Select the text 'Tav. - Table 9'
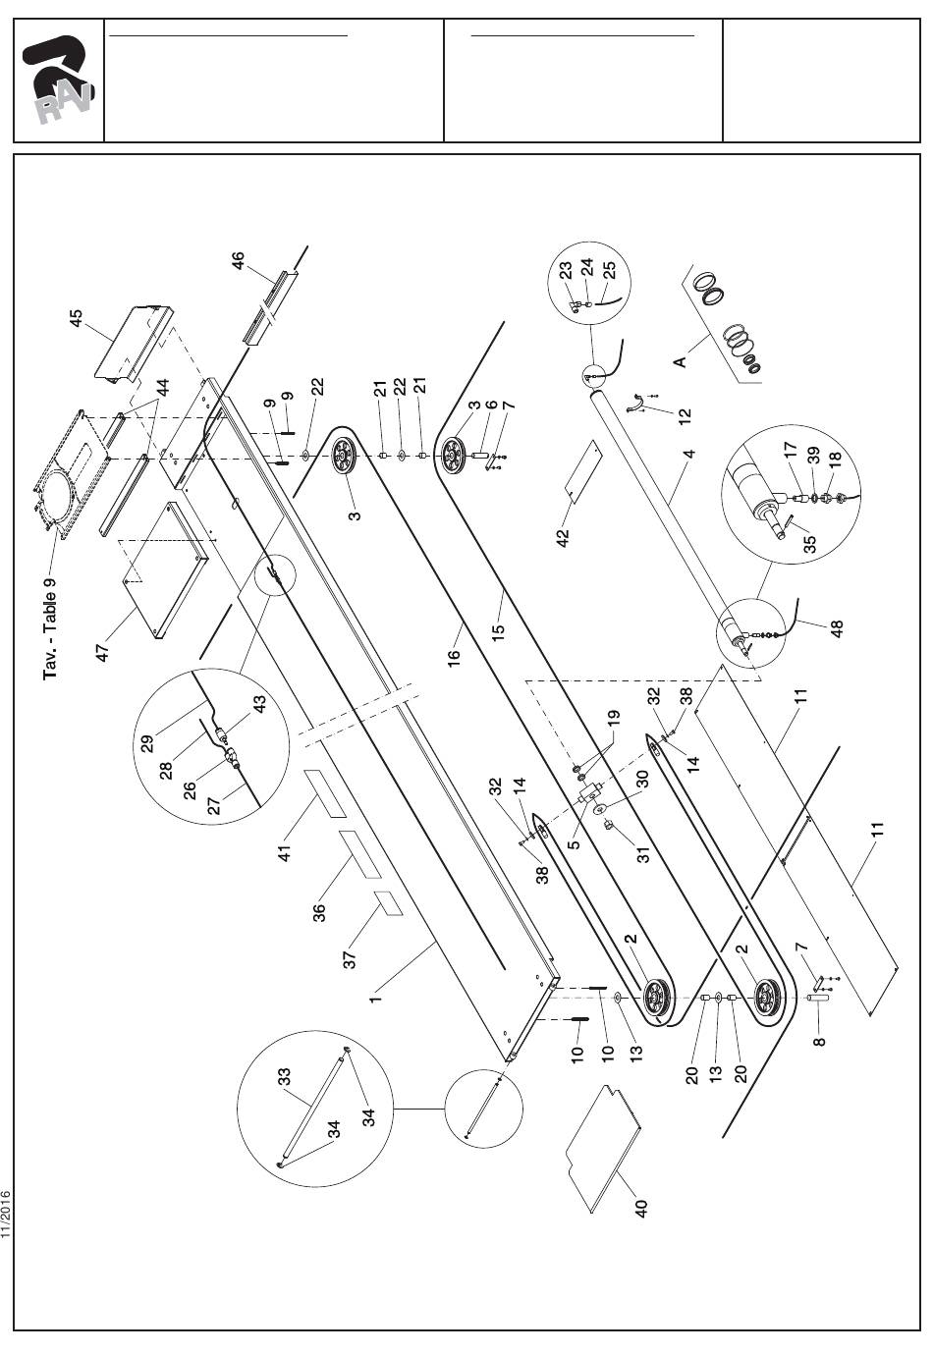(50, 627)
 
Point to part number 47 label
(104, 650)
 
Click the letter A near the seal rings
(679, 361)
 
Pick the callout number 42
(564, 538)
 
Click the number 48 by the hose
(837, 627)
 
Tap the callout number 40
(641, 1207)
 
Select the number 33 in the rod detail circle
(286, 1078)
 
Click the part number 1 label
(374, 999)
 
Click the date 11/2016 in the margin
(7, 1215)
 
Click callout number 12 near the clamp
(686, 415)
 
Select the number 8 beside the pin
(818, 1038)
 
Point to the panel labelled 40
(604, 1144)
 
